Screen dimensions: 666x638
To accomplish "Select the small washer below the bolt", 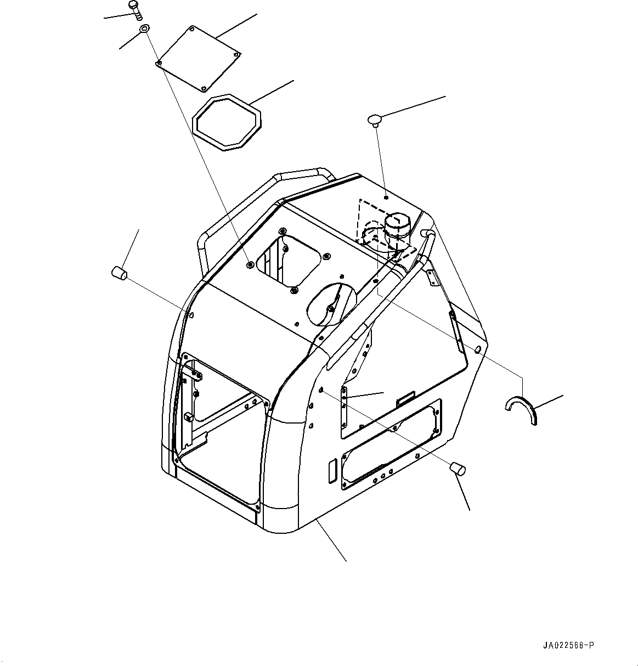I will (144, 29).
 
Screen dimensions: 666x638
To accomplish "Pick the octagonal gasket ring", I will (226, 121).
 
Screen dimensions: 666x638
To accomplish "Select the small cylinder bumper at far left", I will (120, 272).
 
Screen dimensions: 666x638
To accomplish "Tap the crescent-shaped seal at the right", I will (521, 409).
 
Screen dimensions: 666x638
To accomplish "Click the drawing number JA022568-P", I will (569, 645).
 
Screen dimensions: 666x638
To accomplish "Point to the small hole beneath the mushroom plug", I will (386, 197).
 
